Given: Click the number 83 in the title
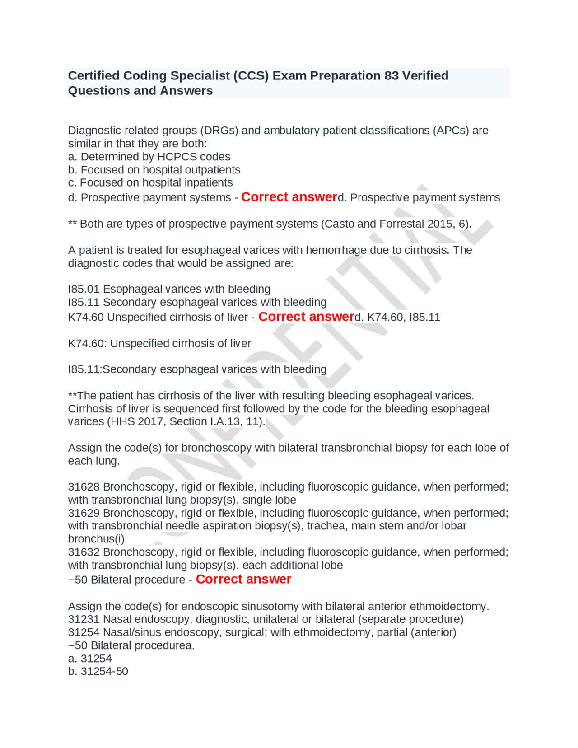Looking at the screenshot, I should [x=391, y=75].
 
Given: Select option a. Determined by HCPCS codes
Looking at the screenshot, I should [x=149, y=157].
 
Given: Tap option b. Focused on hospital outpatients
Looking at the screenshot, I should [x=154, y=170].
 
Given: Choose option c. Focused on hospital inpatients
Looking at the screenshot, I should [x=150, y=182].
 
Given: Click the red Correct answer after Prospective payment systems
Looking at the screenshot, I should [x=289, y=197].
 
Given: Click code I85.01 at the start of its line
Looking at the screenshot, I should [x=84, y=289].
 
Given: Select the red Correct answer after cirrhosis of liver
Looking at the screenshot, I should [x=306, y=317].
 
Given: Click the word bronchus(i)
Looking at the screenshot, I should [x=96, y=539].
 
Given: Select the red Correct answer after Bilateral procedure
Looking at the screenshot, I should [x=243, y=579].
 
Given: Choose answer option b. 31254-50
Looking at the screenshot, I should [x=98, y=671].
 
